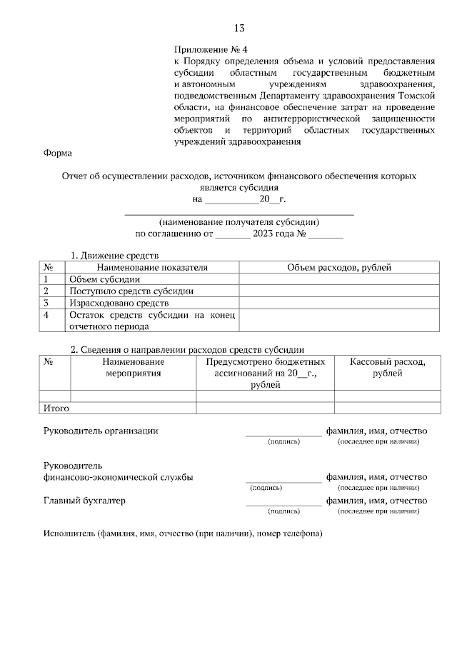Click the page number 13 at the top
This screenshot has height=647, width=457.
pyautogui.click(x=238, y=29)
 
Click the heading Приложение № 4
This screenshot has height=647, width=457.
pyautogui.click(x=210, y=50)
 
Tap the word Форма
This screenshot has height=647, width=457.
pyautogui.click(x=57, y=153)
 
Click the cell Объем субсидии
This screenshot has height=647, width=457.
pyautogui.click(x=104, y=279)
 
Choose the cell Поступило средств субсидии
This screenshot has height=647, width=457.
pyautogui.click(x=131, y=291)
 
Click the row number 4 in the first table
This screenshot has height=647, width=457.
pyautogui.click(x=46, y=315)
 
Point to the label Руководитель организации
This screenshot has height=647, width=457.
pyautogui.click(x=101, y=431)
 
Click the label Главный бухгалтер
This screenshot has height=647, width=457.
pyautogui.click(x=84, y=501)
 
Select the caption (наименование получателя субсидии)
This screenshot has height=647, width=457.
pyautogui.click(x=239, y=221)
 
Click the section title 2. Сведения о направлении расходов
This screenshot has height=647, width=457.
pyautogui.click(x=187, y=349)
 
